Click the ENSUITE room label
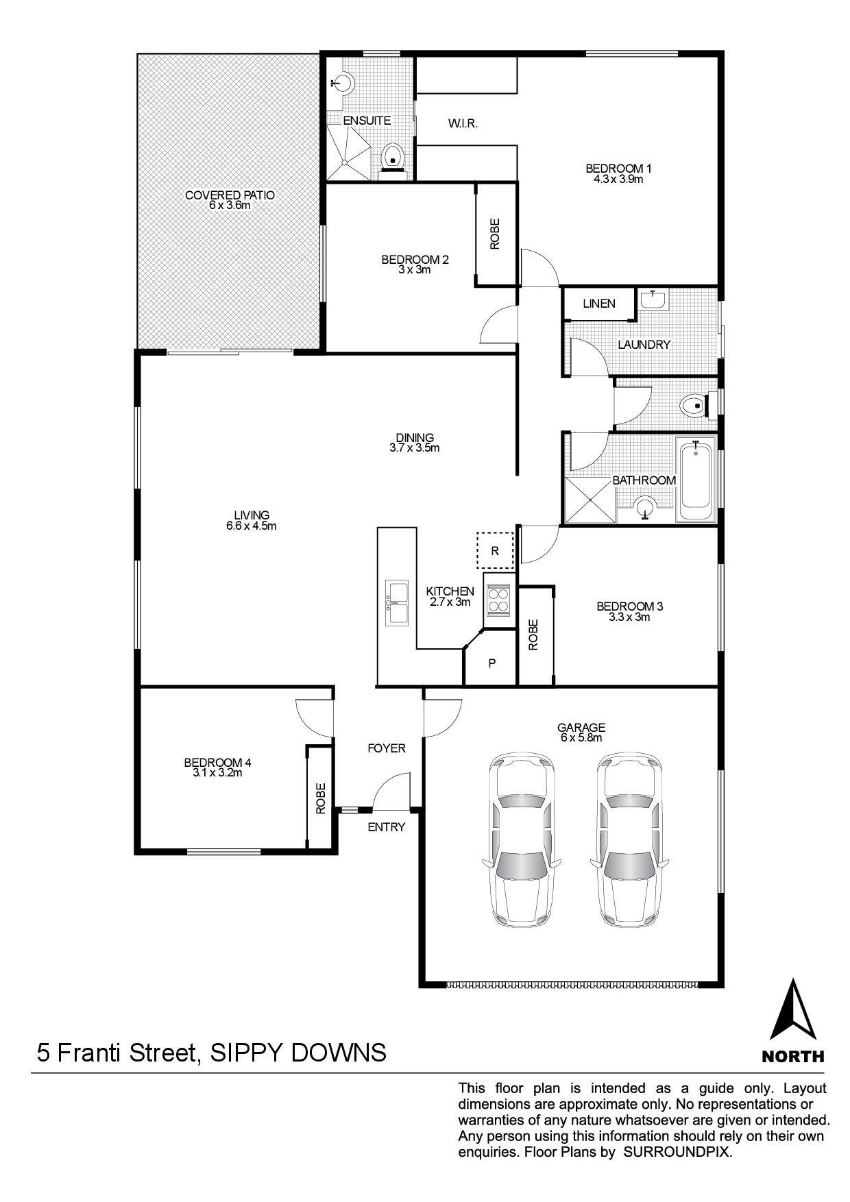click(x=367, y=121)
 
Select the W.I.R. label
click(x=463, y=124)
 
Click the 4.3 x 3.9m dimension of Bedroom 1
click(x=614, y=180)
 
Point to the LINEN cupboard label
click(x=599, y=304)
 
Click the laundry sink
click(x=654, y=299)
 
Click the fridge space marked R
click(x=495, y=550)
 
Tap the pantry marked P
click(x=491, y=663)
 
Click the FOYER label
click(x=387, y=748)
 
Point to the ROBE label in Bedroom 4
click(x=321, y=798)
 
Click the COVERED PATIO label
click(x=230, y=195)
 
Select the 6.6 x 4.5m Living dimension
click(x=252, y=526)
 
